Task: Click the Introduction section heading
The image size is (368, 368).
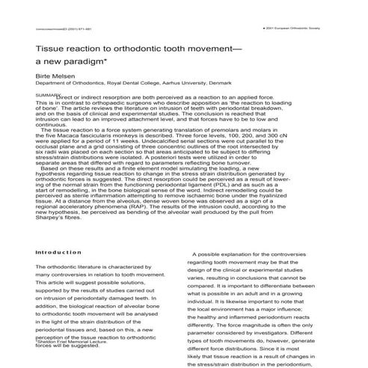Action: pyautogui.click(x=58, y=232)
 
